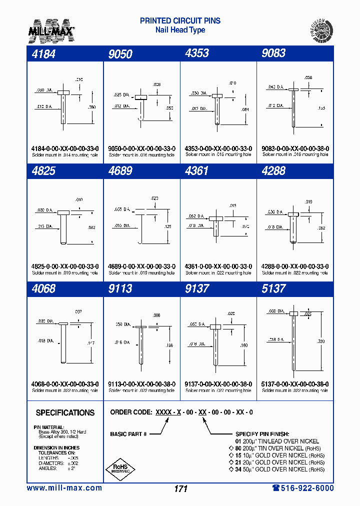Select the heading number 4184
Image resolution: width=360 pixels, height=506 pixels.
click(43, 53)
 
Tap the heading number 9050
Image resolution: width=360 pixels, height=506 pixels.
click(120, 54)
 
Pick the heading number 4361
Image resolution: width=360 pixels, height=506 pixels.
click(196, 171)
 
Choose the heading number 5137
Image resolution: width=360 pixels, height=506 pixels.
click(273, 288)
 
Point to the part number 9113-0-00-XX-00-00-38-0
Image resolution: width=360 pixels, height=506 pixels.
click(141, 384)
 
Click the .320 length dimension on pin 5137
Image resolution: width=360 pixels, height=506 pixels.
click(320, 341)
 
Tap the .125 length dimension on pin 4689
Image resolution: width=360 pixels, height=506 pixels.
click(167, 227)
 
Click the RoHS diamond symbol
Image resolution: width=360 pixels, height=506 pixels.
click(119, 467)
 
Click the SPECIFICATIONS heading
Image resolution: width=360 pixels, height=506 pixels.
click(65, 412)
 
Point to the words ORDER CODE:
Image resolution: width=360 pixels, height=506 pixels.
click(131, 412)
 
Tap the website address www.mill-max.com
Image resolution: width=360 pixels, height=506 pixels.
click(64, 488)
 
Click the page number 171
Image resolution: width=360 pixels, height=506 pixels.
click(180, 488)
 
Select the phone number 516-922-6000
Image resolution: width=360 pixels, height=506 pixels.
click(303, 488)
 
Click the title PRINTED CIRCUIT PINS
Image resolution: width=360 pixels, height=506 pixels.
click(180, 21)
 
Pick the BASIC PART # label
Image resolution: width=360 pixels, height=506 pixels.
click(128, 434)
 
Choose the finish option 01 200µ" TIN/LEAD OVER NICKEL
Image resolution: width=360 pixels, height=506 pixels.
click(276, 441)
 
